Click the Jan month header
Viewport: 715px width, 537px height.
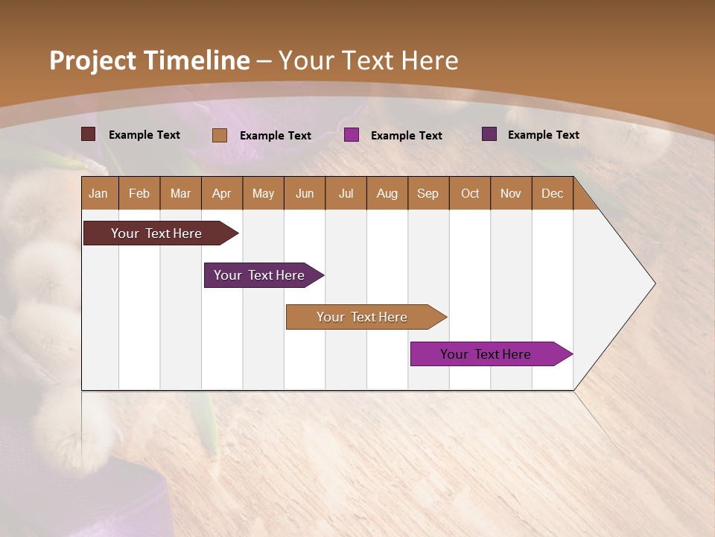coord(98,193)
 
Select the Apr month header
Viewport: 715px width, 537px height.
coord(221,193)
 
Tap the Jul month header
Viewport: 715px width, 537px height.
coord(346,193)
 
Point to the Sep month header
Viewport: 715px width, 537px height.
coord(428,193)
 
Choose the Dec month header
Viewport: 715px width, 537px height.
coord(552,193)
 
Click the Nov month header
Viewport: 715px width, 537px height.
coord(510,193)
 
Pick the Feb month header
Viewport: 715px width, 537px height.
coord(139,193)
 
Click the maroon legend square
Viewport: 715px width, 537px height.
coord(88,134)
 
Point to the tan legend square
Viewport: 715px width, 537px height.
coord(219,135)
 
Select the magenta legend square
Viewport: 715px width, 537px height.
coord(352,135)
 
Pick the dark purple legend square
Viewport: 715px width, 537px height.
coord(489,134)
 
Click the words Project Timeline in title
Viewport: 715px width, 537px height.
coord(149,60)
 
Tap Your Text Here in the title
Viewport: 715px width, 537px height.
coord(368,60)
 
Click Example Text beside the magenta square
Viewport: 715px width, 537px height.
coord(406,135)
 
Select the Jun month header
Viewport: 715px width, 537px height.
coord(304,193)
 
